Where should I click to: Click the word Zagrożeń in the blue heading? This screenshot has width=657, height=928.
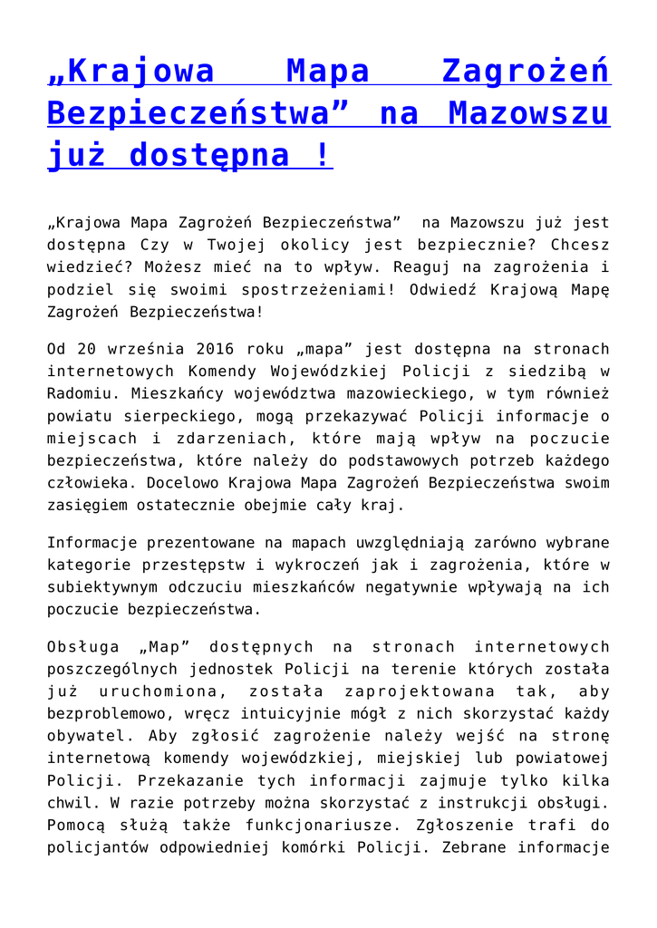coord(525,72)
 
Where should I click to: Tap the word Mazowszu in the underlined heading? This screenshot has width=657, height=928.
coord(529,114)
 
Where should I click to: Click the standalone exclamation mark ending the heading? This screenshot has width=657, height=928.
coord(323,156)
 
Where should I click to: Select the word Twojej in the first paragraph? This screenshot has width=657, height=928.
coord(224,245)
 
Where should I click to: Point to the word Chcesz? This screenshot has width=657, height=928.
coord(579,245)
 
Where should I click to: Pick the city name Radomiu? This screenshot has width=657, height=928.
coord(81,393)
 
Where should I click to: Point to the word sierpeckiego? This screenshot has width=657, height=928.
coord(170,416)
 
